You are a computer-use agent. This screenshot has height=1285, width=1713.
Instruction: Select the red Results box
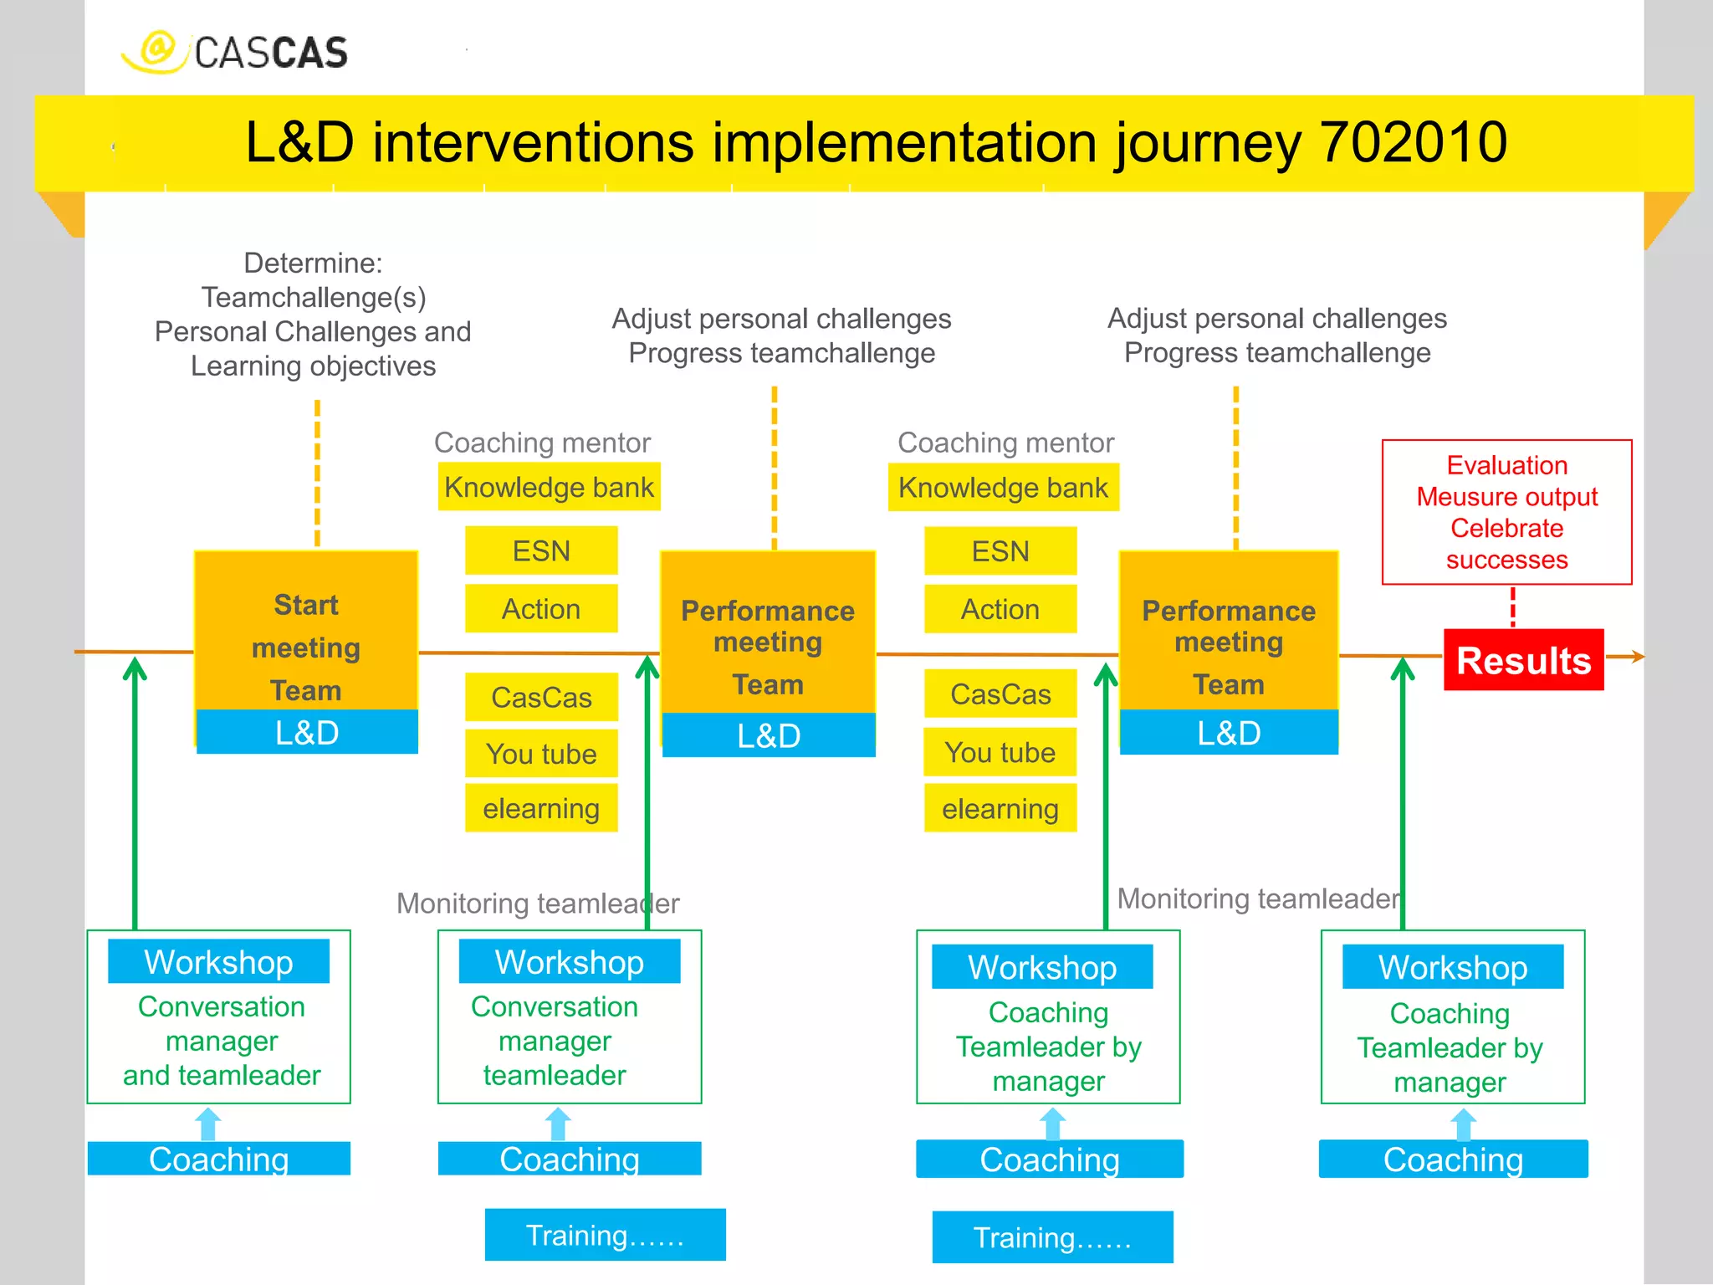(x=1523, y=660)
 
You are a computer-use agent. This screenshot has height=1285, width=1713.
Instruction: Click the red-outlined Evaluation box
(x=1506, y=512)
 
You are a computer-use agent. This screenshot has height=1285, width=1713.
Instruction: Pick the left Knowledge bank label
(x=549, y=487)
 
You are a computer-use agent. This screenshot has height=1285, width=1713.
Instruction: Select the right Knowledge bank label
(x=1003, y=488)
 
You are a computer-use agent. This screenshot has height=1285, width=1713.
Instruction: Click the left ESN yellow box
(x=541, y=550)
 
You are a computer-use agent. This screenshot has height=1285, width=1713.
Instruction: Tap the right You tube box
(x=1000, y=752)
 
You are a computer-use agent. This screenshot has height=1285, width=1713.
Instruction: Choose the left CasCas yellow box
(x=541, y=697)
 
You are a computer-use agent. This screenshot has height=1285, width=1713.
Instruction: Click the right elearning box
(x=1000, y=808)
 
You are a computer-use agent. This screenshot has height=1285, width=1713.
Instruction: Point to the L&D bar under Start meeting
(x=307, y=733)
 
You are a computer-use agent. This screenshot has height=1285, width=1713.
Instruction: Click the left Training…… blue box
(x=605, y=1235)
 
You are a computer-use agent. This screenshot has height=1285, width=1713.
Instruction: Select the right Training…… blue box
(x=1052, y=1237)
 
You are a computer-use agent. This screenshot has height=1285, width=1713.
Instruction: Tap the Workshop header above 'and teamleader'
(x=218, y=962)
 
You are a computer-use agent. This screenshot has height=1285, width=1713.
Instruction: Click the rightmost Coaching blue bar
(x=1453, y=1160)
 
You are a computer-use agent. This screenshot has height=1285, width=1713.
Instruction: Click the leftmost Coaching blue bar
(x=218, y=1159)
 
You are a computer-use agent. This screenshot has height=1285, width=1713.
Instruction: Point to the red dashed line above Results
(x=1512, y=607)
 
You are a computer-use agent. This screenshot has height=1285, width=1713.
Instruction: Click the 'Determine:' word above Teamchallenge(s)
(x=313, y=264)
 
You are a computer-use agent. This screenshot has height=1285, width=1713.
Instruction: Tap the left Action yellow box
(x=541, y=608)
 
